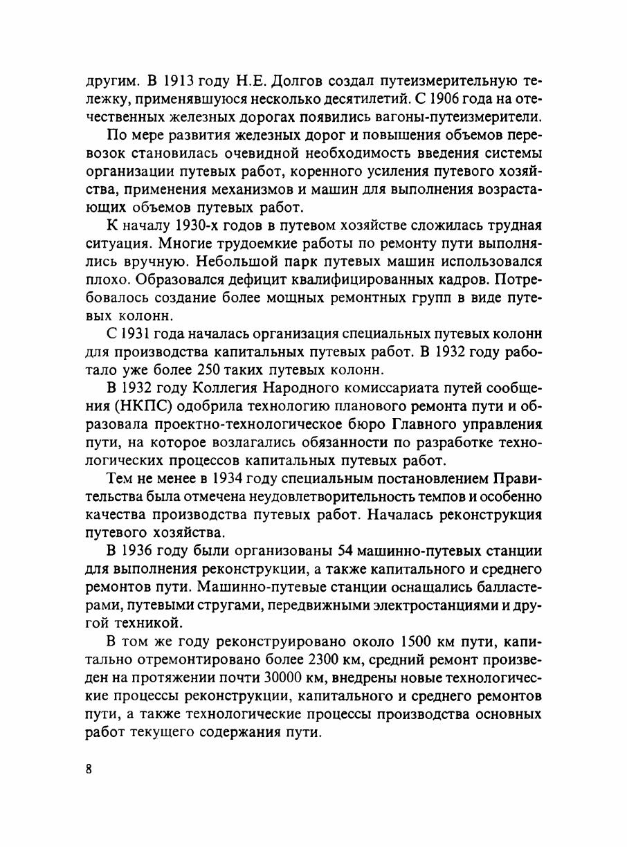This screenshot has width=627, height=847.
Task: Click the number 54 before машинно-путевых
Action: pos(345,552)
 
